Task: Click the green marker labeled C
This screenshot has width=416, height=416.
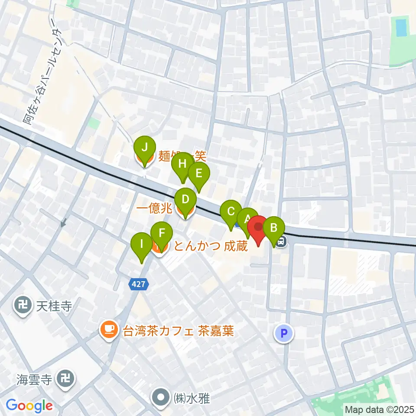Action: (231, 212)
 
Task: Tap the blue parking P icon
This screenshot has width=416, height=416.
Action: (284, 333)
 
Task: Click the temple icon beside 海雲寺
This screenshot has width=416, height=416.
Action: (67, 380)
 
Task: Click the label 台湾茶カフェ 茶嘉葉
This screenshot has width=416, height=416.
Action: (179, 331)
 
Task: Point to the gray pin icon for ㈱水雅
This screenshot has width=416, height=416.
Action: (161, 397)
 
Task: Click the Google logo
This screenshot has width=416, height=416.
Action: (29, 406)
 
